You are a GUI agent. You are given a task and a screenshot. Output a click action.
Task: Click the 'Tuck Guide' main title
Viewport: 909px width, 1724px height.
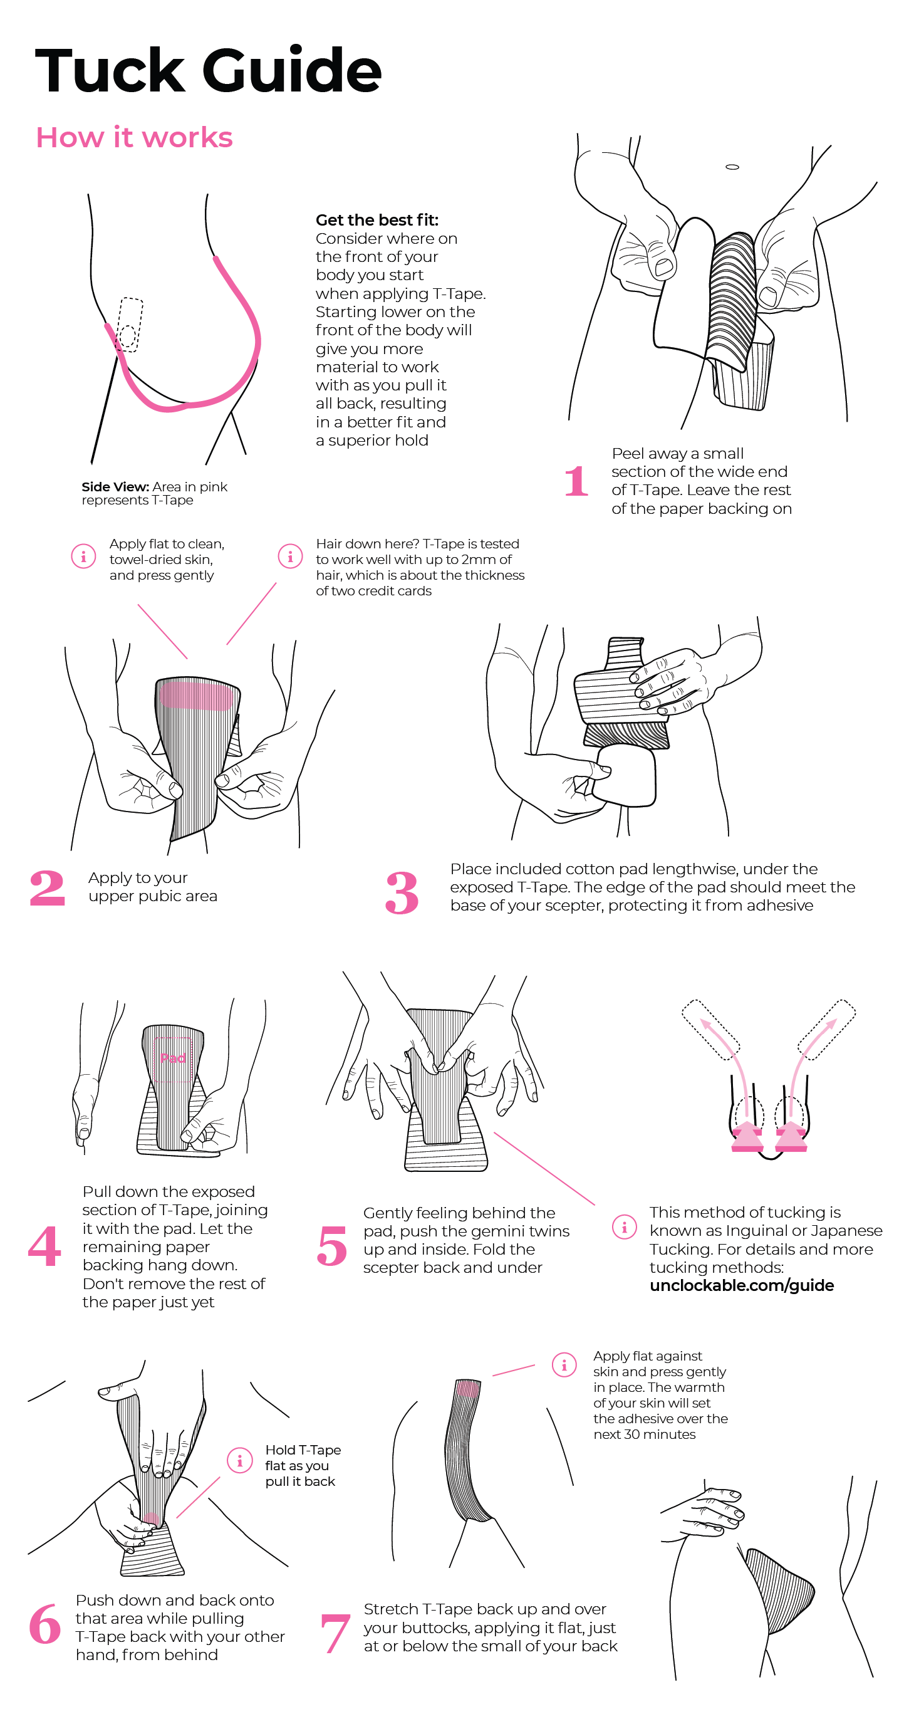[208, 70]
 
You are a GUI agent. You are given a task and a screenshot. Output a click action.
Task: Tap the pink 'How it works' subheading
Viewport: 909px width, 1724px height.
[135, 137]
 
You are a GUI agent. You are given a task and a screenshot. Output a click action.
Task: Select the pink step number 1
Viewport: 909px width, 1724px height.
[576, 481]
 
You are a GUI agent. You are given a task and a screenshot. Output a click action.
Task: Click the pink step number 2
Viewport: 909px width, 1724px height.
[48, 888]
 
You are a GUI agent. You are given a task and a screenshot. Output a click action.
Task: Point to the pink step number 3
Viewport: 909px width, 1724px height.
[402, 893]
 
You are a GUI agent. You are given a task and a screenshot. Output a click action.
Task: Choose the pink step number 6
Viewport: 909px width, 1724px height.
[46, 1624]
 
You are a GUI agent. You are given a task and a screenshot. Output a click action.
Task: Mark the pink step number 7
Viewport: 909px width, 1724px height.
[335, 1633]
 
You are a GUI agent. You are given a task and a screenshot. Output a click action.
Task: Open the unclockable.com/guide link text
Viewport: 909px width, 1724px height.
[742, 1286]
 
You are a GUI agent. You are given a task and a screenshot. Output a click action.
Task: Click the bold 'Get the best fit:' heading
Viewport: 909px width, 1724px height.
[377, 220]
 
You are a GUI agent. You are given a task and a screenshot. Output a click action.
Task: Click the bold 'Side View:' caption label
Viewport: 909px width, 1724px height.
[115, 486]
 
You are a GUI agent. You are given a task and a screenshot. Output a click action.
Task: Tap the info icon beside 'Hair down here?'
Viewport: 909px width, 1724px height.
[290, 556]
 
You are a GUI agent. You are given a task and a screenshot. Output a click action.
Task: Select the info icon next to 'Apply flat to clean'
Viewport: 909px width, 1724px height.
[83, 556]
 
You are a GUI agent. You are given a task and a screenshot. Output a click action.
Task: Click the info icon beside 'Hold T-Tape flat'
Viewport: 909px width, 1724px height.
[239, 1461]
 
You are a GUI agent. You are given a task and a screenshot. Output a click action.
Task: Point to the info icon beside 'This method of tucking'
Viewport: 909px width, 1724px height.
[625, 1227]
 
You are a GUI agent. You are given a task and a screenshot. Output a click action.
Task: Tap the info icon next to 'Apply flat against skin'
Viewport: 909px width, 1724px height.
[564, 1365]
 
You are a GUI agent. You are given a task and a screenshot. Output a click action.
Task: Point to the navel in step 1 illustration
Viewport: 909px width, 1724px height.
[732, 167]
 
